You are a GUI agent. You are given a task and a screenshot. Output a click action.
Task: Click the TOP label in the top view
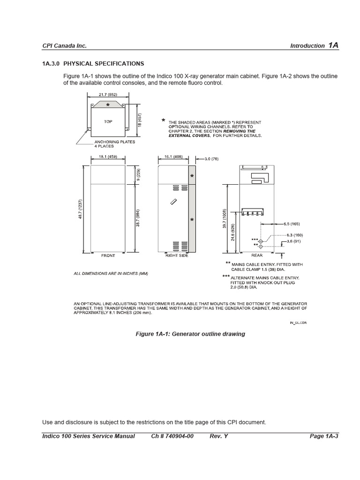tap(108, 121)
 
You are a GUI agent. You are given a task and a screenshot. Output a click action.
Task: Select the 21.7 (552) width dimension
tap(108, 95)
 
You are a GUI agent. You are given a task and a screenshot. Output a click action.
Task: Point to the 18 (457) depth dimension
tap(139, 119)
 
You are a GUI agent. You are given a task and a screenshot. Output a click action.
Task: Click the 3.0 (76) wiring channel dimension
tap(210, 159)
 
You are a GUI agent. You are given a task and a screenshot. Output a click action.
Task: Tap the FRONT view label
tap(108, 256)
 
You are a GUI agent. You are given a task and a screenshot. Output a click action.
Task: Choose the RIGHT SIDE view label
tap(176, 256)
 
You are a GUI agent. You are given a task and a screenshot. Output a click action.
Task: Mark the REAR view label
tap(256, 256)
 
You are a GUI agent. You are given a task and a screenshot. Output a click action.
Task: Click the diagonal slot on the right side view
tap(173, 202)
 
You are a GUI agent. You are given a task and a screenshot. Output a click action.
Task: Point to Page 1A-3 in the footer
tap(324, 436)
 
